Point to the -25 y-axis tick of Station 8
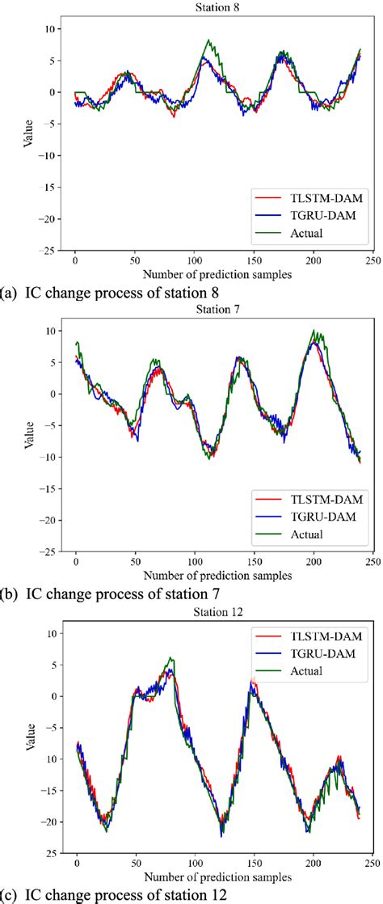[48, 250]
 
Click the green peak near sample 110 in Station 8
[208, 40]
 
